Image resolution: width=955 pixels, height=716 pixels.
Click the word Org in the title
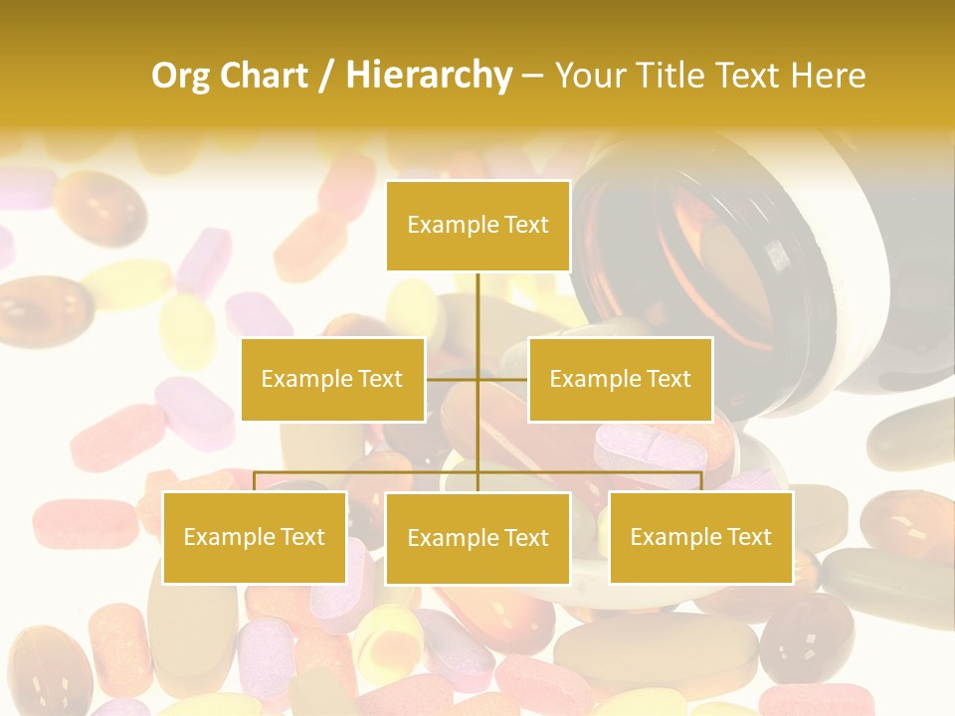181,76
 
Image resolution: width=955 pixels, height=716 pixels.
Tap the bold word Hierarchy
428,76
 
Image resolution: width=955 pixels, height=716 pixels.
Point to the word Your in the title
588,76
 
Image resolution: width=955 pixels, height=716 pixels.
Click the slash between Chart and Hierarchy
325,77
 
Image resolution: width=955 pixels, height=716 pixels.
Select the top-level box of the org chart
477,226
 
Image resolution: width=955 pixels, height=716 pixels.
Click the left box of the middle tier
332,379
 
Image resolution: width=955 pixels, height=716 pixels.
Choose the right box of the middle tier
620,379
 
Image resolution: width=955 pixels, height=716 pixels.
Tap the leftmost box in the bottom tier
254,537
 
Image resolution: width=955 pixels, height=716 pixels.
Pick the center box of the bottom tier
477,538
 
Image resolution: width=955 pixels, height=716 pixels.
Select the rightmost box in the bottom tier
700,537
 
